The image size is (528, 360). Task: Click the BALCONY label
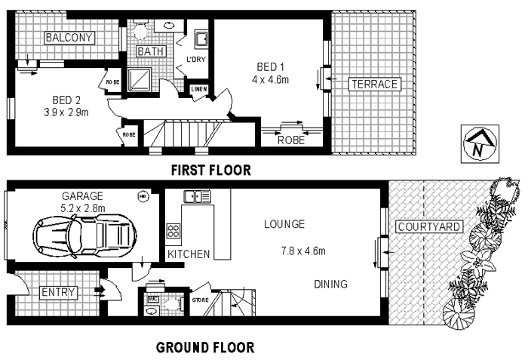(69, 38)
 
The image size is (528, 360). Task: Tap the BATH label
(147, 51)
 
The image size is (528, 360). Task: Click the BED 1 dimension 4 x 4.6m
(271, 78)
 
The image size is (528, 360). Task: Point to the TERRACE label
(373, 84)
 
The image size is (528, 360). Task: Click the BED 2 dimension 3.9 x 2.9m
(67, 114)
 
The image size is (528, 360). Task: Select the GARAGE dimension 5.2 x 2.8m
(84, 207)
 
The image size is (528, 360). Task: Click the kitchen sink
(197, 197)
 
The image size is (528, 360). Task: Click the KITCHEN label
(189, 254)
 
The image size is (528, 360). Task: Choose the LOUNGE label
(284, 224)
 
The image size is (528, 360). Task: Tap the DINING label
(331, 285)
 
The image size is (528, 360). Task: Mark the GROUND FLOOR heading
(204, 348)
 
